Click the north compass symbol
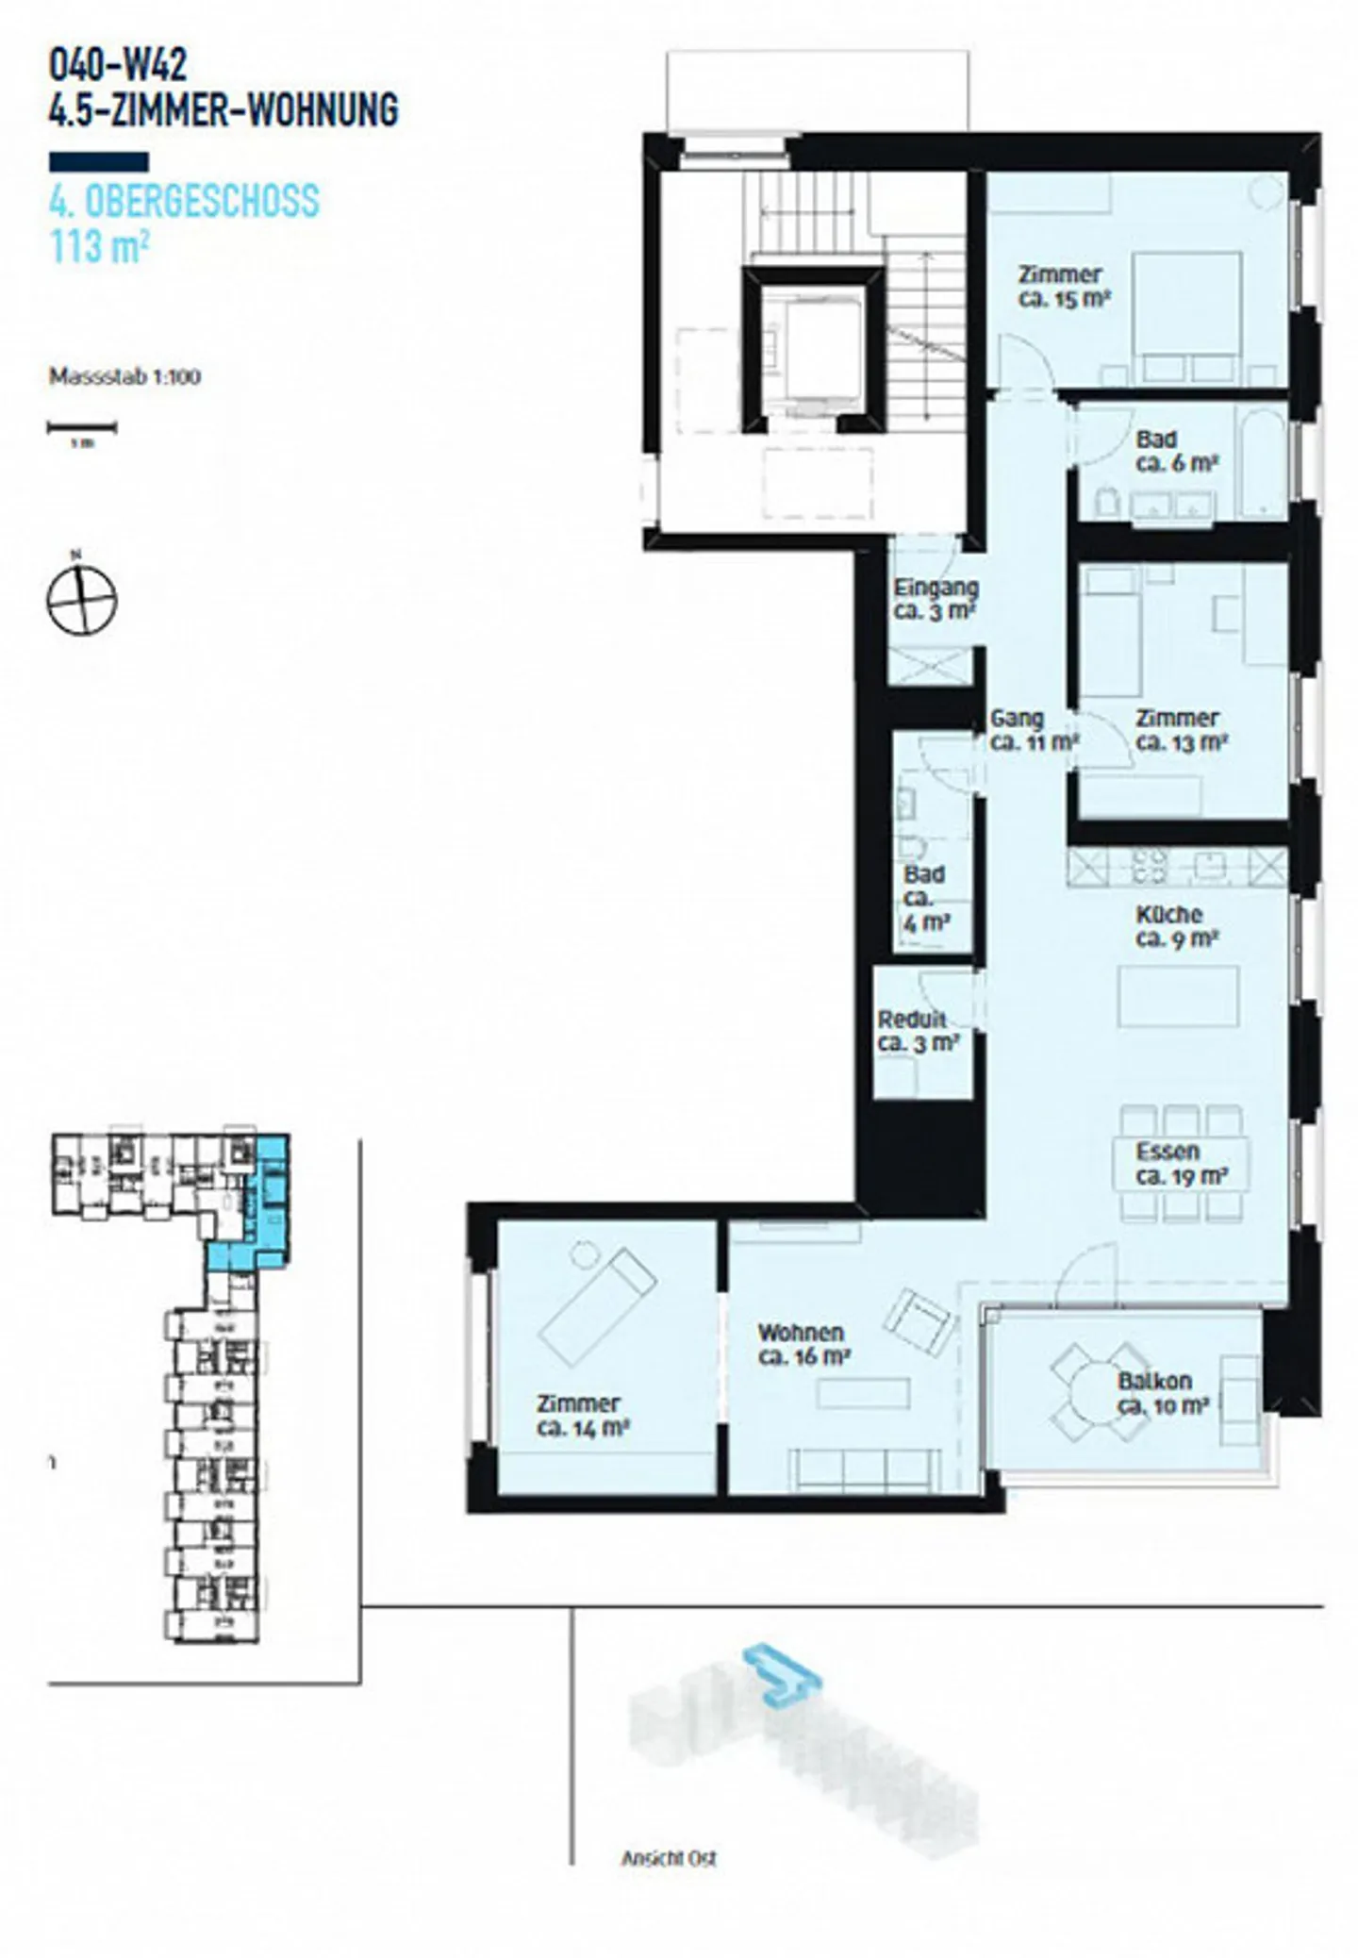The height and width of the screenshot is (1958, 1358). (x=82, y=601)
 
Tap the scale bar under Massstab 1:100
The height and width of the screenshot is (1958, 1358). (x=82, y=428)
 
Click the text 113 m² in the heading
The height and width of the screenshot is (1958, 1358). (x=99, y=247)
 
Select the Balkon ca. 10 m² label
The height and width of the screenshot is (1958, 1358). (x=1162, y=1393)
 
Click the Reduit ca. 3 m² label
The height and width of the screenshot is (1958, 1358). (x=918, y=1031)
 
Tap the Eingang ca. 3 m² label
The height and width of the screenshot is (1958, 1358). (x=936, y=599)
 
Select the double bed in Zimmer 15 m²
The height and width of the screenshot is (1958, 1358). (x=1185, y=315)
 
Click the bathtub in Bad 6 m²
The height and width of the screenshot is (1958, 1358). (x=1260, y=460)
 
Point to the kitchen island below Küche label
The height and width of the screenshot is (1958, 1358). (x=1178, y=996)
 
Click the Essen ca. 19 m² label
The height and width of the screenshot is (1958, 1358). (x=1180, y=1164)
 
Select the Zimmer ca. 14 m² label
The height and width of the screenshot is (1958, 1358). (x=582, y=1416)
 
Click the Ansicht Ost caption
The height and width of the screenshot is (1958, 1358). (x=669, y=1857)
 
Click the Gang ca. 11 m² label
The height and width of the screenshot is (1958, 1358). (x=1032, y=730)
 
